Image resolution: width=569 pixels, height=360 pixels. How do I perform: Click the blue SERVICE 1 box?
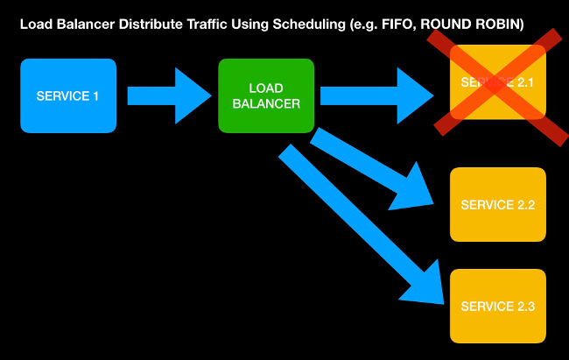68,95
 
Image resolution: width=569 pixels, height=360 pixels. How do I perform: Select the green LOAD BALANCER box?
266,95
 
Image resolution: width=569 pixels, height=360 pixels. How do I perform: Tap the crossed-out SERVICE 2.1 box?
497,82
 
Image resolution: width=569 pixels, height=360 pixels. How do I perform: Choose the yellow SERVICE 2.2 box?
497,205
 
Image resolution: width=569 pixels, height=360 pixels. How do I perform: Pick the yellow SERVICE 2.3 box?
497,306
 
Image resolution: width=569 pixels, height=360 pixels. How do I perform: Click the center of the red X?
497,82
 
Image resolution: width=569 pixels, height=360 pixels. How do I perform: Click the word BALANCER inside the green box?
266,103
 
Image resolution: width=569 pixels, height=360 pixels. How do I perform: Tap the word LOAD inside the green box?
266,88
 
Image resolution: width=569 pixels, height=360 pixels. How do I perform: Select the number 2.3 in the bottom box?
524,306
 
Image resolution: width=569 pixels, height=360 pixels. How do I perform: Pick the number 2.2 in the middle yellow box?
524,205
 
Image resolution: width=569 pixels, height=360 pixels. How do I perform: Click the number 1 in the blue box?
95,95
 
